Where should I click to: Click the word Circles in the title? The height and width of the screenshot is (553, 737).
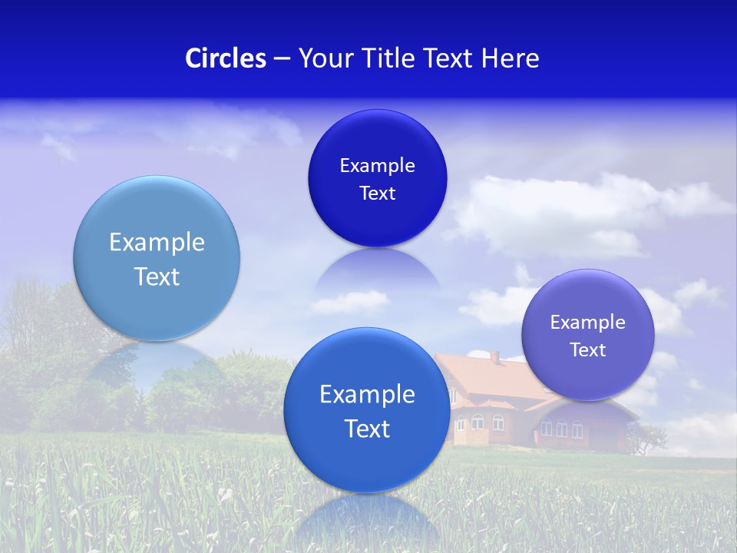click(x=225, y=58)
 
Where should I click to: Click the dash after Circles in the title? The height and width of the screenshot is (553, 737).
click(x=281, y=59)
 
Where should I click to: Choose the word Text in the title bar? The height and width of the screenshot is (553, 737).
click(x=449, y=58)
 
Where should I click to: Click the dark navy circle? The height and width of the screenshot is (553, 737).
click(x=377, y=178)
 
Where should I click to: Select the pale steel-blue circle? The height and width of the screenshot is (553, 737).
click(x=157, y=258)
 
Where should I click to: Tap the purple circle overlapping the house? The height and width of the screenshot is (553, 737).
click(x=587, y=335)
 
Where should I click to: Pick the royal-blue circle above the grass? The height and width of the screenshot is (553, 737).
click(x=367, y=409)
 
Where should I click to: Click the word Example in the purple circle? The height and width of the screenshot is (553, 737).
click(x=587, y=322)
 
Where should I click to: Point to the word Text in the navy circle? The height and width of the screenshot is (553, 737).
click(x=377, y=193)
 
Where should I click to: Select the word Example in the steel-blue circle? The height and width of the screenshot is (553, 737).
click(x=157, y=242)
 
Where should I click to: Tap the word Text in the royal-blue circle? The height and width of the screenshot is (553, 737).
click(x=367, y=429)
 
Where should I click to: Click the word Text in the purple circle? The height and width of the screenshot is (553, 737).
click(x=588, y=349)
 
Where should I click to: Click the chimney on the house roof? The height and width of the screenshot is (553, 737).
click(x=495, y=356)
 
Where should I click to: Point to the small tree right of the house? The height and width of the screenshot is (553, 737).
click(x=649, y=438)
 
